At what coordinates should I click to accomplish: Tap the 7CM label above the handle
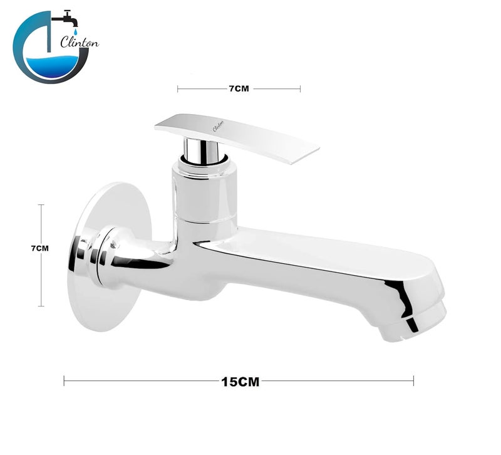(239, 89)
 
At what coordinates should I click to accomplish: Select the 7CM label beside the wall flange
(39, 248)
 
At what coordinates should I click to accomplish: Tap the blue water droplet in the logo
(75, 31)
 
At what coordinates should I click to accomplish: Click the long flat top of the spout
(326, 248)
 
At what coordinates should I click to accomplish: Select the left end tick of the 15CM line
(64, 380)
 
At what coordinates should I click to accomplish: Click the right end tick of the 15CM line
(413, 380)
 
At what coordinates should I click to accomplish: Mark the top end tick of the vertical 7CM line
(41, 204)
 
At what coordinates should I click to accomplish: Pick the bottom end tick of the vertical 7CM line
(41, 306)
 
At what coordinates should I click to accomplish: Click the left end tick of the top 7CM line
(178, 89)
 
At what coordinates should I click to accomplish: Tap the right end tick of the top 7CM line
(300, 89)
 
